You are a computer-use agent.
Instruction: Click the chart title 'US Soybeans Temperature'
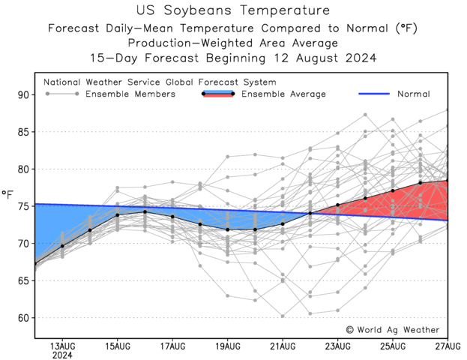click(x=234, y=10)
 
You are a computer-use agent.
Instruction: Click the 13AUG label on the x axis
click(x=62, y=345)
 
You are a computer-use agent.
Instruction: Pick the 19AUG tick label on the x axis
click(x=227, y=345)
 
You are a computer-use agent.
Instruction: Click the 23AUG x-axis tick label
click(x=337, y=345)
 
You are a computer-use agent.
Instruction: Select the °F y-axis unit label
click(x=7, y=197)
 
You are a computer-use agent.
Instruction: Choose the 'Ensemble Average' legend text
click(x=283, y=94)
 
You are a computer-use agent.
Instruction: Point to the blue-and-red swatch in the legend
click(x=218, y=94)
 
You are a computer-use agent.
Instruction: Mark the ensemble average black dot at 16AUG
click(x=145, y=211)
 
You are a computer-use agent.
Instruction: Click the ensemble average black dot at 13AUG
click(x=62, y=246)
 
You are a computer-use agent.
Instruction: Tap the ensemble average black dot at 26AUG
click(x=420, y=183)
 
